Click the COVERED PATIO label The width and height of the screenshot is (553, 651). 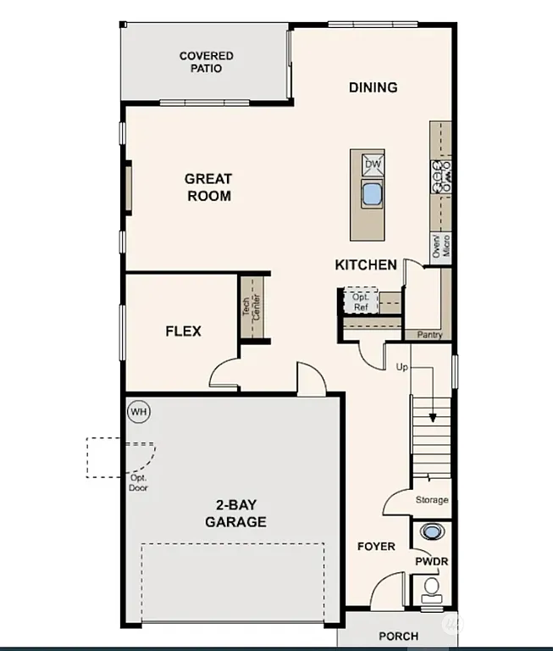[206, 62]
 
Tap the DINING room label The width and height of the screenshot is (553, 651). [373, 87]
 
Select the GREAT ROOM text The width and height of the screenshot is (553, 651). [208, 187]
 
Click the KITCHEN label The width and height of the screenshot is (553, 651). [366, 265]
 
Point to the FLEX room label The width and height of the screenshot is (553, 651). [183, 331]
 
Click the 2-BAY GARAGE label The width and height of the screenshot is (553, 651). [235, 514]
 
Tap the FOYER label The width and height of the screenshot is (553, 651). [375, 547]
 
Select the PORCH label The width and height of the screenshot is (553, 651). [398, 637]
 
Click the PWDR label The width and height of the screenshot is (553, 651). [430, 562]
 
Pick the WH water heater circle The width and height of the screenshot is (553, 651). [139, 413]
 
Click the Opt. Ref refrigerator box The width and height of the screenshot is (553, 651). [360, 302]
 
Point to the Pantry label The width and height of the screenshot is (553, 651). [429, 335]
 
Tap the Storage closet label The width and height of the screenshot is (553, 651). [432, 500]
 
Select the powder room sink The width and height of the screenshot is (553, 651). [432, 532]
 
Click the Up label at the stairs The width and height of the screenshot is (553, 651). [401, 367]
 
